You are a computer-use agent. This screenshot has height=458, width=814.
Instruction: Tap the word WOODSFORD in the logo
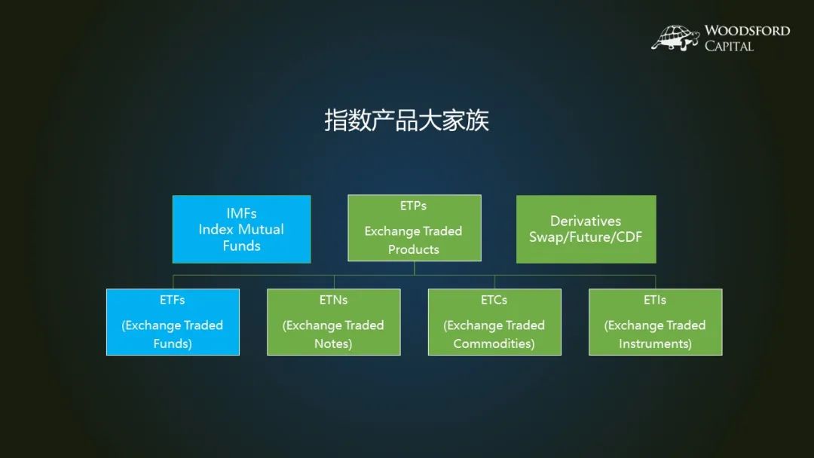coord(747,31)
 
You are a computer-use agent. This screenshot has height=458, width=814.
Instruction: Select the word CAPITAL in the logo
coord(729,46)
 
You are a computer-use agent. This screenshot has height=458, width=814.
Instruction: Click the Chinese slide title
coord(406,121)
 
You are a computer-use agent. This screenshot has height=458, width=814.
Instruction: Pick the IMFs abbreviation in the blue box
coord(241,213)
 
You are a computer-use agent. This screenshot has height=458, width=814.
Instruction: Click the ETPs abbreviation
coord(413,206)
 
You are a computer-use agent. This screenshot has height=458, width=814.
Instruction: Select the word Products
coord(414,249)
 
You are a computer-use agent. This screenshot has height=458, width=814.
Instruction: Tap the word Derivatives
coord(586,221)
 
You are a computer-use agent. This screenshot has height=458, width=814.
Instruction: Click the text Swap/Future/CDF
coord(586,237)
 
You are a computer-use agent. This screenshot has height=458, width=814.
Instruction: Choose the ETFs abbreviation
coord(173,300)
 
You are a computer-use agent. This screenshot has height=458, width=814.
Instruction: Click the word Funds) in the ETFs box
coord(173,343)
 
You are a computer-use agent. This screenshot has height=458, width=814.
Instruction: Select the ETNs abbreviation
coord(333,300)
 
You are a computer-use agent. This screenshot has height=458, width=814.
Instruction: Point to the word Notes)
coord(333,343)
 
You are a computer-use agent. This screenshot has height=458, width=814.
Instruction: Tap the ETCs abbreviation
coord(494,300)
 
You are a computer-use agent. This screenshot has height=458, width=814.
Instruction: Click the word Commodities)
coord(494,343)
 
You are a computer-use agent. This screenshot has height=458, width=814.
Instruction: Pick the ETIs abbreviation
coord(655,300)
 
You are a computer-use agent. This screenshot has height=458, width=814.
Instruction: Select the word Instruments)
coord(655,343)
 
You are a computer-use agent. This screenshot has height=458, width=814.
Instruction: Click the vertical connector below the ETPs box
coord(415,268)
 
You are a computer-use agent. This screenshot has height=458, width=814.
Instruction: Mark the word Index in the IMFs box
coord(216,229)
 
